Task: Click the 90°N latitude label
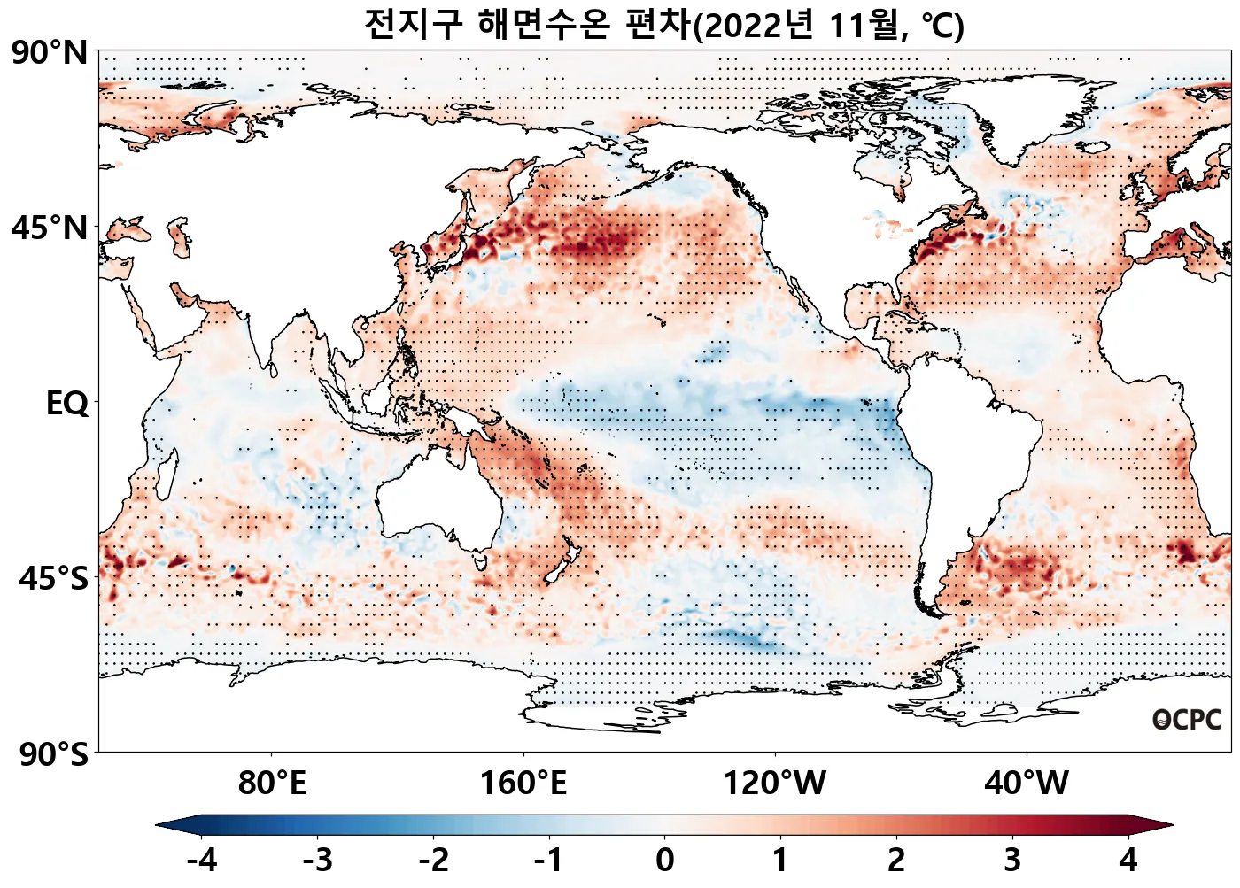(x=50, y=53)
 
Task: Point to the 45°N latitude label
(x=50, y=228)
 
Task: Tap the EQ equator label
(x=67, y=404)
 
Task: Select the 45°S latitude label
(x=54, y=579)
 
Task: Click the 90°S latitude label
(x=54, y=754)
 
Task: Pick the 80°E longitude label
(x=272, y=784)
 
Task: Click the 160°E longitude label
(x=523, y=784)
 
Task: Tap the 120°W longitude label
(x=775, y=784)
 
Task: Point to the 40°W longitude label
(x=1027, y=784)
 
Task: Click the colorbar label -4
(x=202, y=860)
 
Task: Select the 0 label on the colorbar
(x=665, y=860)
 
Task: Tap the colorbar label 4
(x=1128, y=860)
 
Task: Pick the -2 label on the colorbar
(x=433, y=860)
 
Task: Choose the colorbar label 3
(x=1012, y=860)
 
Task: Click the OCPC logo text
(x=1187, y=720)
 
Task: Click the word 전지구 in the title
(x=414, y=25)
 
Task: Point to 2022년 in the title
(x=759, y=25)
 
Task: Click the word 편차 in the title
(x=657, y=25)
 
